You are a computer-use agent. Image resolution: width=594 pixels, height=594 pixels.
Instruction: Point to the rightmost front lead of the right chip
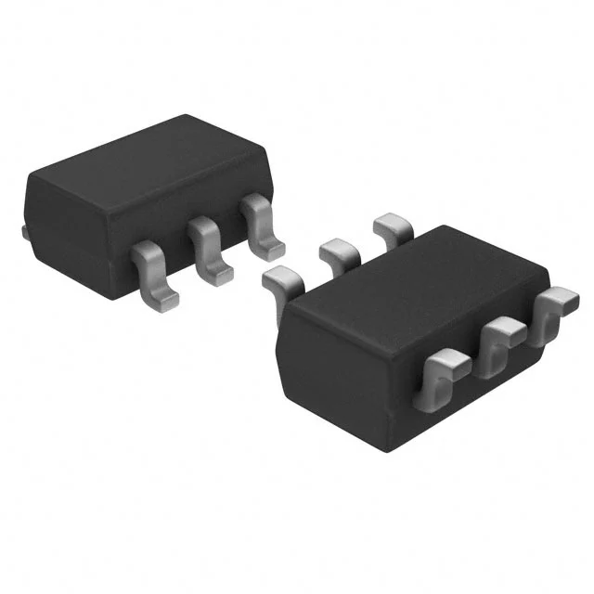click(x=556, y=312)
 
